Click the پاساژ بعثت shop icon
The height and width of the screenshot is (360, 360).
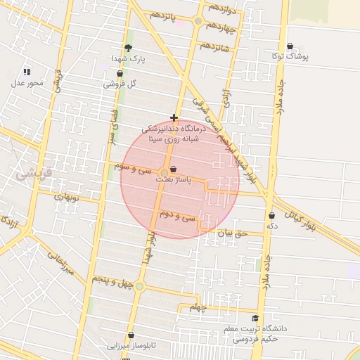pos(174,170)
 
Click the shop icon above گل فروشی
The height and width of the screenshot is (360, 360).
pos(120,73)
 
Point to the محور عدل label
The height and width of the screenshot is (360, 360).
pos(27,83)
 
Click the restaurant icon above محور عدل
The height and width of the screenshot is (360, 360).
pos(27,72)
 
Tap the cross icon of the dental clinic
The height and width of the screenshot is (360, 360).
pos(174,117)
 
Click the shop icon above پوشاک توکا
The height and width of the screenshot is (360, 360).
pos(290,46)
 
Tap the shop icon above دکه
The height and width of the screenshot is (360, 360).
pos(271,216)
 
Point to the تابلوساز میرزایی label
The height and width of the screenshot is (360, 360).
pos(131,346)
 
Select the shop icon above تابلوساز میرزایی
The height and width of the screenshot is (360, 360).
pos(131,335)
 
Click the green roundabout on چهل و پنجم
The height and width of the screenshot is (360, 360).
pos(139,286)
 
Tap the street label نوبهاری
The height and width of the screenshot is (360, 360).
pos(70,196)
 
